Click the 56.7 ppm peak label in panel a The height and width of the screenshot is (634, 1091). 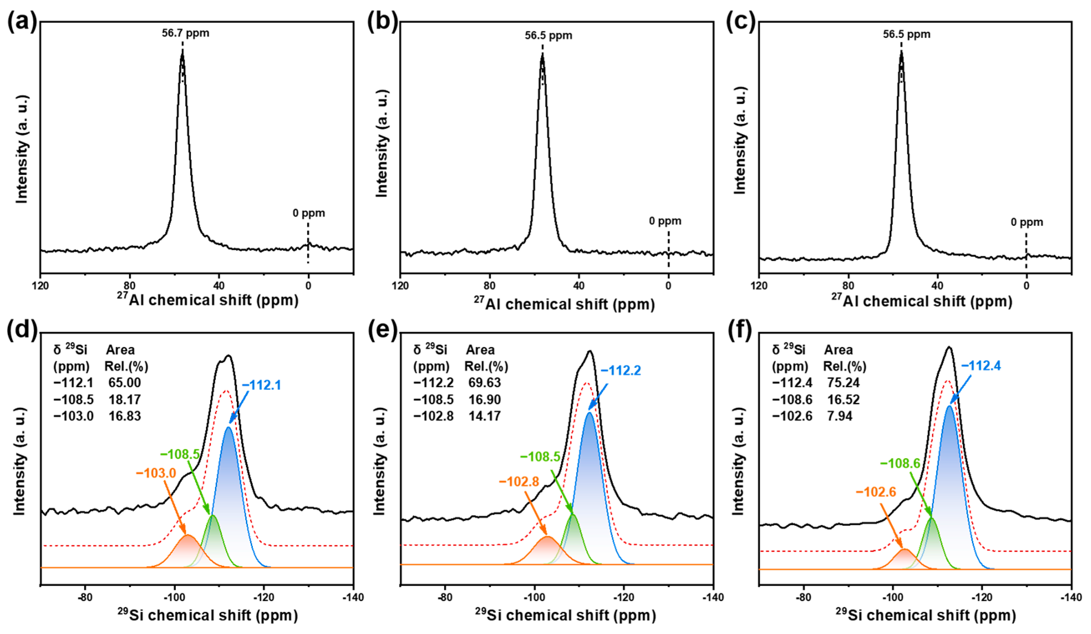pos(185,33)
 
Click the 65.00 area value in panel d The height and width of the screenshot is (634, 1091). pos(125,383)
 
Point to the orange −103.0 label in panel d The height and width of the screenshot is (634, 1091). pos(156,473)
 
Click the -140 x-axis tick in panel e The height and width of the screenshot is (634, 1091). pos(713,597)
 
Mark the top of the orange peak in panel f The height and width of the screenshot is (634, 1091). pos(904,550)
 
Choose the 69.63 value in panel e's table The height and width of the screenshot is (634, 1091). pos(485,383)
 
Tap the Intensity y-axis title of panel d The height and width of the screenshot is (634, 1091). pos(20,461)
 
